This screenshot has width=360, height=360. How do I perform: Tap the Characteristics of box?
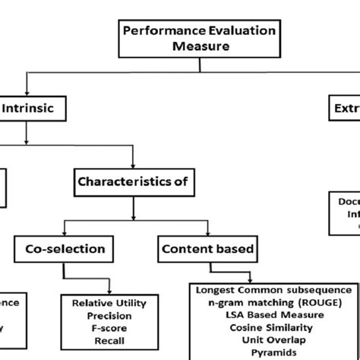tap(133, 183)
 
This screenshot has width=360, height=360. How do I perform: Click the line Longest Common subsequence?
tap(273, 289)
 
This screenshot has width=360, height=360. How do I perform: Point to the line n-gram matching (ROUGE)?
tap(273, 302)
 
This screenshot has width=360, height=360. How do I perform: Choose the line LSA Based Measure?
tap(273, 314)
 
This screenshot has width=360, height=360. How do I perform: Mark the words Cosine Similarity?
tap(273, 327)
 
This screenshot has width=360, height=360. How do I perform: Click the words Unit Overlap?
tap(273, 340)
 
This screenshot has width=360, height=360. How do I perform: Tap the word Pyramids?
tap(273, 353)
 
